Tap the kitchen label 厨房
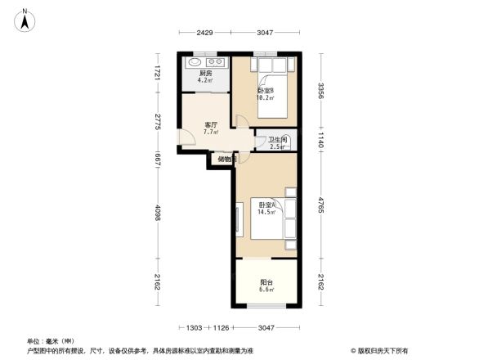pyautogui.click(x=205, y=74)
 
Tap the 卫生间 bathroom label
pyautogui.click(x=277, y=140)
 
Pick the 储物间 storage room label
pyautogui.click(x=226, y=159)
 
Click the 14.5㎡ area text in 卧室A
pyautogui.click(x=266, y=212)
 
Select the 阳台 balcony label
pyautogui.click(x=266, y=282)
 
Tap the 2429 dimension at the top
pyautogui.click(x=204, y=33)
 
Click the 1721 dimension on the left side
pyautogui.click(x=161, y=72)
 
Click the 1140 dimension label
pyautogui.click(x=322, y=138)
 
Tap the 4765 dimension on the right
pyautogui.click(x=322, y=204)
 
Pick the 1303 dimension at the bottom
pyautogui.click(x=194, y=328)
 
